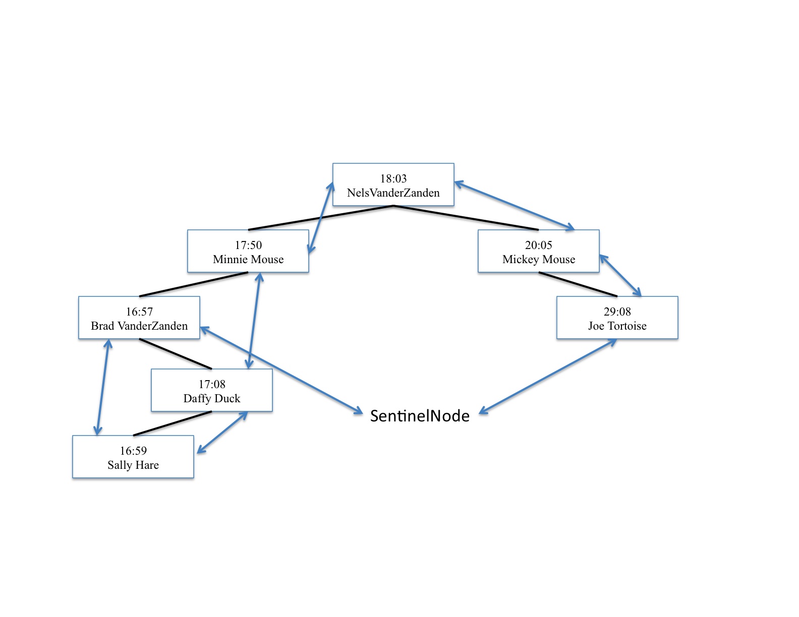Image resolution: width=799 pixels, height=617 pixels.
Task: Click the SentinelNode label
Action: click(x=420, y=416)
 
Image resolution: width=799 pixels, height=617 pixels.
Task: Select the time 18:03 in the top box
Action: click(x=393, y=178)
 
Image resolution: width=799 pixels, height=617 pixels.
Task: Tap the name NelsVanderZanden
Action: click(x=393, y=193)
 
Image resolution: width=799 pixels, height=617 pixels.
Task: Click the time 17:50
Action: click(x=248, y=245)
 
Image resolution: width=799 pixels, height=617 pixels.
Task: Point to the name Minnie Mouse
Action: click(x=248, y=259)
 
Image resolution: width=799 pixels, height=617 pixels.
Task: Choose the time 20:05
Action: click(x=539, y=245)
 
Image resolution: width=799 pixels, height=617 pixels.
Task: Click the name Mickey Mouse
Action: click(x=539, y=259)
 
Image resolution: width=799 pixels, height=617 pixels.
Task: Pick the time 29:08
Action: click(x=617, y=312)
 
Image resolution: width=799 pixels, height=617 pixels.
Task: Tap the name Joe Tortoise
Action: click(x=617, y=326)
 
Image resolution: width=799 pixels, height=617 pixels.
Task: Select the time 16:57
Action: click(x=139, y=312)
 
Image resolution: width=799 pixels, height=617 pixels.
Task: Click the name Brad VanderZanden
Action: click(x=139, y=326)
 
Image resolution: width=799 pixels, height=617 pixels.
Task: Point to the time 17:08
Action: click(x=212, y=384)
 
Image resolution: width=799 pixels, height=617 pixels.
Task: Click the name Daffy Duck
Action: click(x=212, y=398)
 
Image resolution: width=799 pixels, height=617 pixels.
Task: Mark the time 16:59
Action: click(x=133, y=451)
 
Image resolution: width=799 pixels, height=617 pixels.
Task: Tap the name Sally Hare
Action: click(x=133, y=465)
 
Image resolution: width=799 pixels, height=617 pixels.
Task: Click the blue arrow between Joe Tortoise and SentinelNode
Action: click(x=548, y=376)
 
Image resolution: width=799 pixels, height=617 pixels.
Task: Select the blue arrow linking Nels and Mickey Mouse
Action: click(x=515, y=206)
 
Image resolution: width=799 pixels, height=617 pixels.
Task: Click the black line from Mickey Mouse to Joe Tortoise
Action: click(x=578, y=284)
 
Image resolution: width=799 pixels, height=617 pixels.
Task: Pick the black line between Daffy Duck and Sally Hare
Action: click(x=173, y=423)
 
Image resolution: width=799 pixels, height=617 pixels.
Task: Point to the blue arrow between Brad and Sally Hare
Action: click(x=103, y=387)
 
